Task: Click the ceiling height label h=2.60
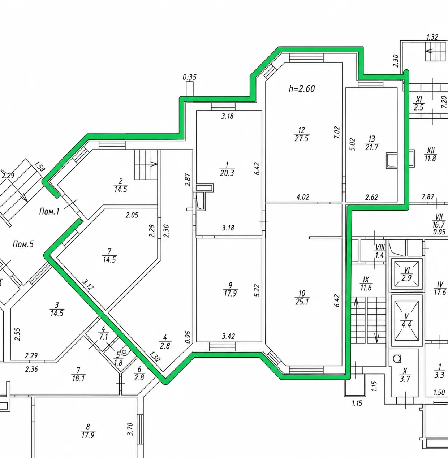302,88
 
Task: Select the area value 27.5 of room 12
301,138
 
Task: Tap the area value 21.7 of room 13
372,147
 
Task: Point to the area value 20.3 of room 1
227,173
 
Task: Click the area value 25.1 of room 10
302,302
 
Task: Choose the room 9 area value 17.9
230,293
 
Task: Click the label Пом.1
49,212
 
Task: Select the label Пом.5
23,244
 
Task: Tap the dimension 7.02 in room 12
337,132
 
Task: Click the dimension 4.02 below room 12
302,197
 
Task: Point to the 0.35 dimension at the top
190,77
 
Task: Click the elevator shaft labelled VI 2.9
407,274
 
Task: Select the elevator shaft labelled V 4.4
406,320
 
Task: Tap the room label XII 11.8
430,154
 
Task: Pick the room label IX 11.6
366,284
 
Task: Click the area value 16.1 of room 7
78,379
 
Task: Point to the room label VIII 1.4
380,251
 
